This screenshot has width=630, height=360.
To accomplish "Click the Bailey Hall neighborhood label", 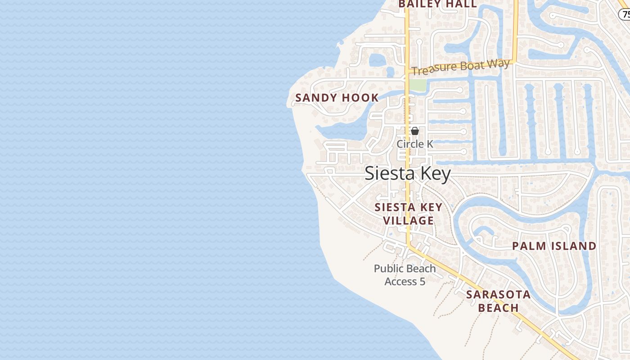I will [x=437, y=4].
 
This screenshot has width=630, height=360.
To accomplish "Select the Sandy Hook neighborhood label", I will [x=337, y=98].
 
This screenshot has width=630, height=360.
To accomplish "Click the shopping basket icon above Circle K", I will [x=415, y=131].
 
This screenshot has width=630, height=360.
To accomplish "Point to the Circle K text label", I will [x=415, y=144].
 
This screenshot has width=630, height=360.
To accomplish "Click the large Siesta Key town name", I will [x=407, y=174].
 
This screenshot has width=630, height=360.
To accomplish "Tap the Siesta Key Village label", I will [x=409, y=214].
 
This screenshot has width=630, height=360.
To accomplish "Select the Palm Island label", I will [x=554, y=246].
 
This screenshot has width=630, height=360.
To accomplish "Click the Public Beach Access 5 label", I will [x=405, y=275].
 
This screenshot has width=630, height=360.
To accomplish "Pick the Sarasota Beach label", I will [x=498, y=301].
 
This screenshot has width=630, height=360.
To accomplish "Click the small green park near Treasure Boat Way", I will [x=418, y=85].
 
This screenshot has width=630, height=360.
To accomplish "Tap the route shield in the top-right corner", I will [x=625, y=14].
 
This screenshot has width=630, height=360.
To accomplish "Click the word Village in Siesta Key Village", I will [x=409, y=220].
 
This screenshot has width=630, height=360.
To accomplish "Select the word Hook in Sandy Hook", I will [x=360, y=98].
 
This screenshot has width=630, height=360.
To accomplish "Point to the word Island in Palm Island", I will [x=575, y=246].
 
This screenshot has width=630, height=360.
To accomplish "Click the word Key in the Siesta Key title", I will [x=433, y=174].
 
